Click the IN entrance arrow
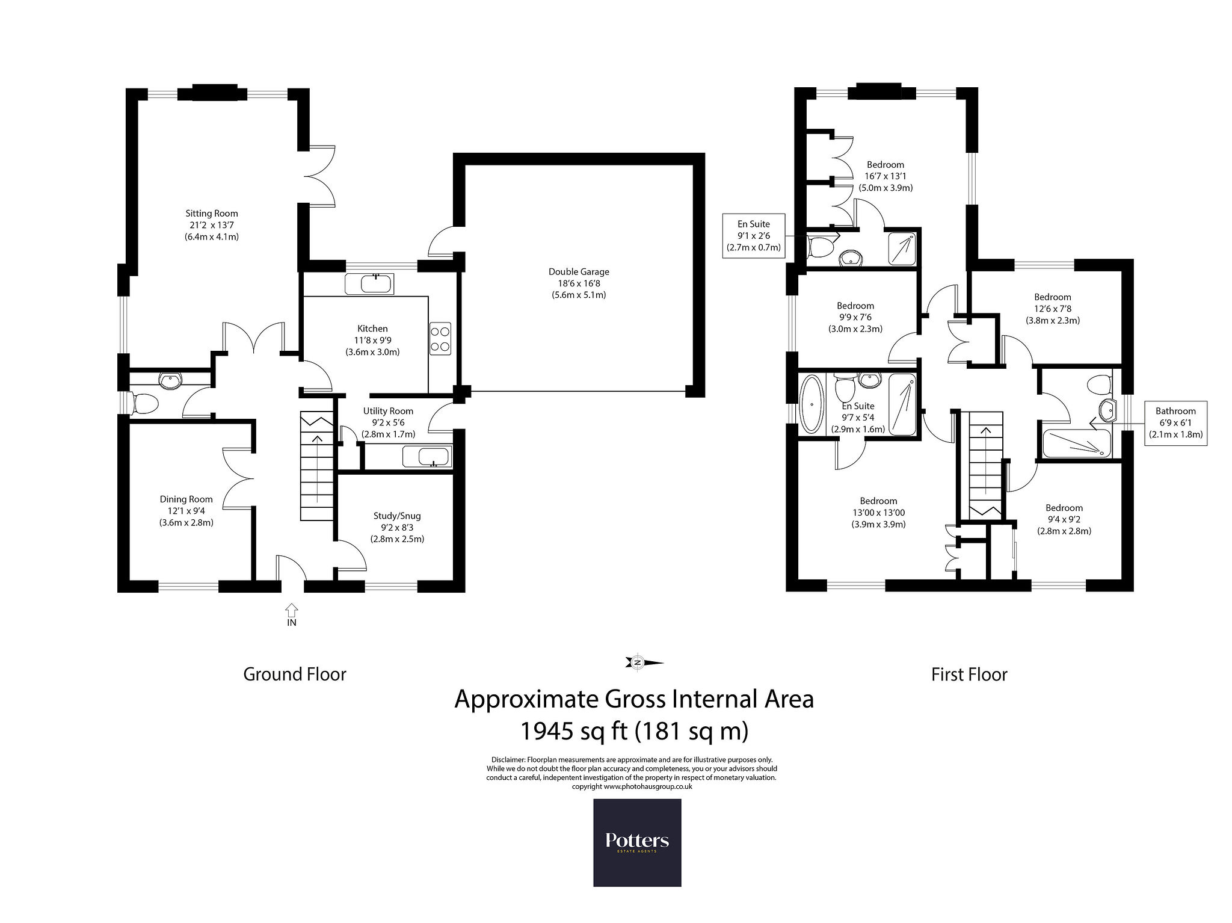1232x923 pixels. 291,614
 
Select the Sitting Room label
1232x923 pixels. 212,225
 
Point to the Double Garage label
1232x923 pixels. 579,283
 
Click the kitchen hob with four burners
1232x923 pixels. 441,338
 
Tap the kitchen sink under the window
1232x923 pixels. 369,284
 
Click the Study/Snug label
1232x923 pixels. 397,527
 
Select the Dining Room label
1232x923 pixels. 186,511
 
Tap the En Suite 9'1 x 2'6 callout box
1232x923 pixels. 754,236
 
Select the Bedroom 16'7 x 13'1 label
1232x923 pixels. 885,176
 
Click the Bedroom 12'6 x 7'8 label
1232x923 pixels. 1053,309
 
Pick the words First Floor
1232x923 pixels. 969,674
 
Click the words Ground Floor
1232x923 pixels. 295,674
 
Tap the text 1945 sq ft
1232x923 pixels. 571,731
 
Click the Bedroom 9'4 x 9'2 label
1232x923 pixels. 1064,519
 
